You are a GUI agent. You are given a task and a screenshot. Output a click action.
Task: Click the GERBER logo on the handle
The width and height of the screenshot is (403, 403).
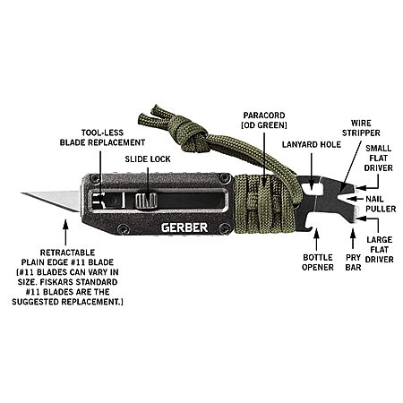click(x=184, y=227)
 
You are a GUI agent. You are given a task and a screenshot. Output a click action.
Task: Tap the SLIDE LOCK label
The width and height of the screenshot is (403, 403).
click(x=148, y=159)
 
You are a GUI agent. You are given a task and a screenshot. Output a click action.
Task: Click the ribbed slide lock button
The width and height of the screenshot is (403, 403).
click(x=146, y=201)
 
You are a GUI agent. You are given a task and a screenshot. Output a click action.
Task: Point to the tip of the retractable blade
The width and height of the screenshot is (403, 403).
click(x=21, y=193)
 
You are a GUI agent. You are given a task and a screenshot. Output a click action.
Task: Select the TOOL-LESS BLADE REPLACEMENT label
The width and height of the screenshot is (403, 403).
click(x=102, y=138)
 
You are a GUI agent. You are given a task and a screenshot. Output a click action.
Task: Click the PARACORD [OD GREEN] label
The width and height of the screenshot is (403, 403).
click(x=264, y=120)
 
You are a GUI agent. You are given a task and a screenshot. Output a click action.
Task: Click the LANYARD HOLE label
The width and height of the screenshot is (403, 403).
click(x=312, y=144)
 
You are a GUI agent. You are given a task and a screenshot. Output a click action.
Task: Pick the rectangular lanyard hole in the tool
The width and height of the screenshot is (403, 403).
click(x=311, y=188)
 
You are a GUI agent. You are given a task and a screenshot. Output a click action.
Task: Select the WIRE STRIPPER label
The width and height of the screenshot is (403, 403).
click(x=361, y=128)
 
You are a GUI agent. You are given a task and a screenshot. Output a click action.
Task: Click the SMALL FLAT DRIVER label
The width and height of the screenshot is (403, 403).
click(x=379, y=159)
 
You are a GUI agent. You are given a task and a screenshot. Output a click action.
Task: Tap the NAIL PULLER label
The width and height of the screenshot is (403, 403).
click(x=381, y=204)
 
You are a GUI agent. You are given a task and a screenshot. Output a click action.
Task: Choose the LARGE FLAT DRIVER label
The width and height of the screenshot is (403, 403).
click(x=380, y=250)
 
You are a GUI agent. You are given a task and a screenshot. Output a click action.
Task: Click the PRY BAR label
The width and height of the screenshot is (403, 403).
click(x=353, y=262)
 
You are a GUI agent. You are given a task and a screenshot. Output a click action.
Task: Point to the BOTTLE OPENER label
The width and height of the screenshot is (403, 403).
click(x=318, y=262)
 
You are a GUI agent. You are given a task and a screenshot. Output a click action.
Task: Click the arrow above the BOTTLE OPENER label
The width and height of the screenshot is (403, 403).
click(x=316, y=240)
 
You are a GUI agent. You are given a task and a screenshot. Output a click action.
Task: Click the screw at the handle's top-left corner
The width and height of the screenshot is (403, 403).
click(x=95, y=178)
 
